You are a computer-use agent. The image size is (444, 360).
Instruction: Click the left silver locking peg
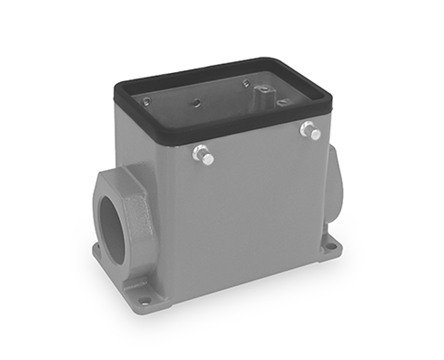(x=204, y=154)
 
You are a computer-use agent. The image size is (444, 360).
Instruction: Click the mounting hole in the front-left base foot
(x=145, y=299)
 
